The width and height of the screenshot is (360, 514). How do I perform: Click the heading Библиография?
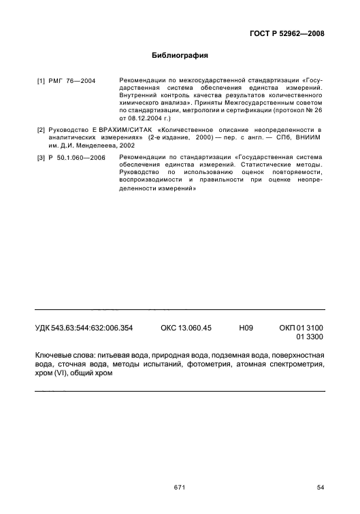coord(180,56)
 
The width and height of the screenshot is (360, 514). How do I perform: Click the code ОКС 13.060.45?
coord(186,328)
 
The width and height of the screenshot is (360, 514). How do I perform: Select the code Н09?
coord(246,328)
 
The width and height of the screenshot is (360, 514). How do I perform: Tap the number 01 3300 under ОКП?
coord(309,337)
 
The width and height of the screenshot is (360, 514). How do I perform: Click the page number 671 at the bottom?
coord(180,487)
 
